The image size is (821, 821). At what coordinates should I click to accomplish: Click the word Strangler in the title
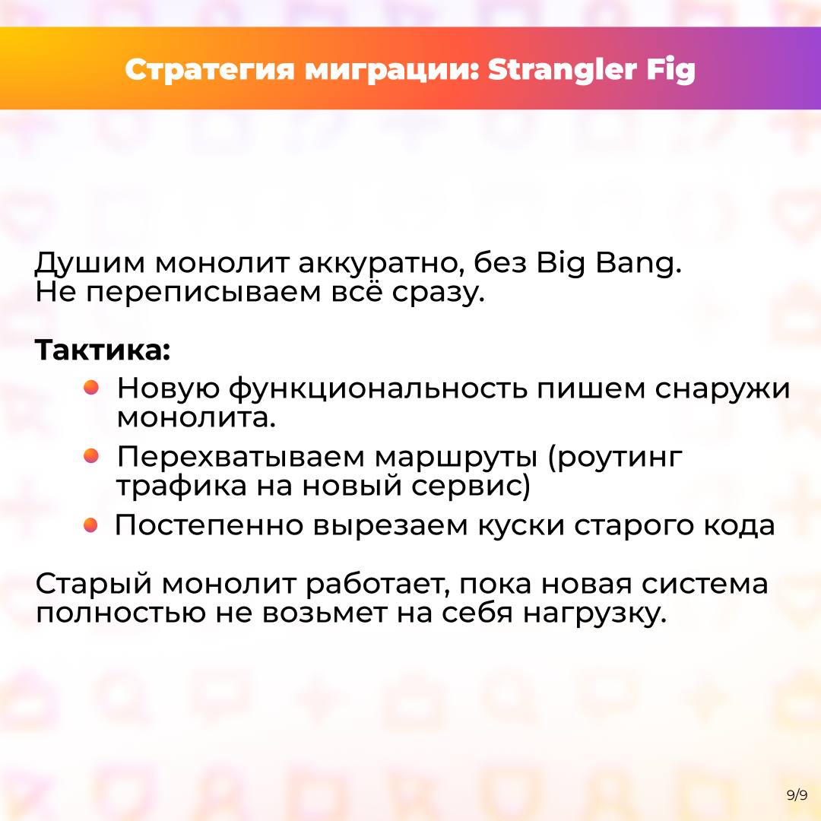pos(563,70)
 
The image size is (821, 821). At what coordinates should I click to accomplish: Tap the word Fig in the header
pos(671,71)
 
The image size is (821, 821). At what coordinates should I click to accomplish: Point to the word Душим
pos(90,263)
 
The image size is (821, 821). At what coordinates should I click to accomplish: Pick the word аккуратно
pos(382,263)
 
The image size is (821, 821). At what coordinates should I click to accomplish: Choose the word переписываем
pos(204,293)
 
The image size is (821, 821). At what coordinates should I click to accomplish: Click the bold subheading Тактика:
pos(103,350)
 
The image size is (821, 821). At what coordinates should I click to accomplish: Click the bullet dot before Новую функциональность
pos(91,388)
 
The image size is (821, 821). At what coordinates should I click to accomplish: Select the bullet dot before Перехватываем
pos(91,455)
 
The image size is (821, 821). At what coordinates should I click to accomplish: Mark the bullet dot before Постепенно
pos(90,525)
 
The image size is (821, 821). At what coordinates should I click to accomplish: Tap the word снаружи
pos(722,389)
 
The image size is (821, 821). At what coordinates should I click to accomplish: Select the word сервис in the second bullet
pos(471,486)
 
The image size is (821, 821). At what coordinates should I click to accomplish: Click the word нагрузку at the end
pos(595,613)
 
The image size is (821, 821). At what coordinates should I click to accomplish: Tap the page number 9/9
pos(797,795)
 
